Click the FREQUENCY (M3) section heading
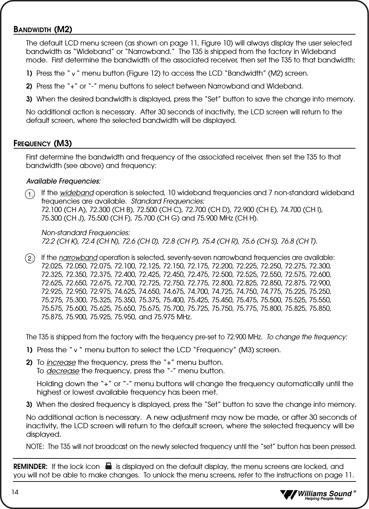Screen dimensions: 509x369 pyautogui.click(x=42, y=144)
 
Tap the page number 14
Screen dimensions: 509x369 pyautogui.click(x=16, y=492)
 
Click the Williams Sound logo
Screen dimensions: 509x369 pyautogui.click(x=317, y=495)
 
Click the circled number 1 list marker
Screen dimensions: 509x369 pyautogui.click(x=31, y=194)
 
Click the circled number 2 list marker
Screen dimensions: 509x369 pyautogui.click(x=31, y=258)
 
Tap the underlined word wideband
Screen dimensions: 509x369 pyautogui.click(x=77, y=193)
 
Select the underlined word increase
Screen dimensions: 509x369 pyautogui.click(x=61, y=362)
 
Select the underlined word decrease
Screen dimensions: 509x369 pyautogui.click(x=63, y=370)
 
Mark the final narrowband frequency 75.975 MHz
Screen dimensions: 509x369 pyautogui.click(x=173, y=317)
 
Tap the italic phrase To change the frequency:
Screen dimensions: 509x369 pyautogui.click(x=307, y=337)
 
